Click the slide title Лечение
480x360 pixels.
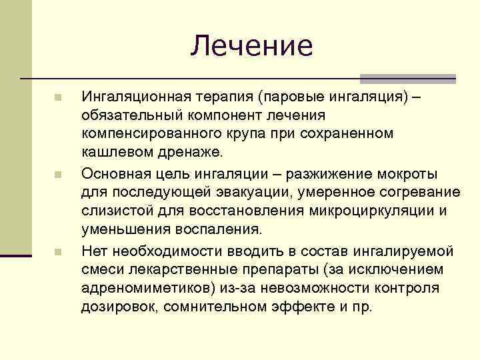[251, 45]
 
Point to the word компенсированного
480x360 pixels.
[149, 134]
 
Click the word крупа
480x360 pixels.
[249, 134]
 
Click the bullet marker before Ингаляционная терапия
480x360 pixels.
[58, 98]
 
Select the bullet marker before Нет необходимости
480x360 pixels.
[58, 252]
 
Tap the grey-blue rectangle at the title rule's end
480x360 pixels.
[407, 79]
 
